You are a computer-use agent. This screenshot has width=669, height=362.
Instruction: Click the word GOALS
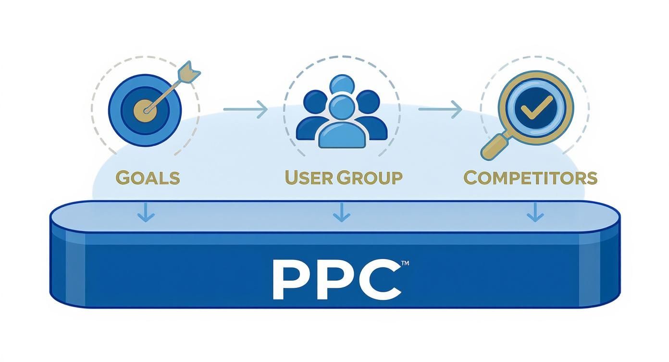[148, 178]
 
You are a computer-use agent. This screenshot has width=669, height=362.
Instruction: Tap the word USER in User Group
[309, 178]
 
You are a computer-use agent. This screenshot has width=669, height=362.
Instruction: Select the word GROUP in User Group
[370, 178]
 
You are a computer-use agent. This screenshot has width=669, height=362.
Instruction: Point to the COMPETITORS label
[531, 178]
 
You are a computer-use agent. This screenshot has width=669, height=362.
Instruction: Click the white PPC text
[337, 280]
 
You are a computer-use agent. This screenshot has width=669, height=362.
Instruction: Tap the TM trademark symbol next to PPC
[405, 263]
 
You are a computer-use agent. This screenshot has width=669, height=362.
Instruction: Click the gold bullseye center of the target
[145, 111]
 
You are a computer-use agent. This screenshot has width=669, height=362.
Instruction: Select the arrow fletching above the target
[189, 72]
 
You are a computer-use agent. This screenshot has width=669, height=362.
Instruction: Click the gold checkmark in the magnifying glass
[536, 108]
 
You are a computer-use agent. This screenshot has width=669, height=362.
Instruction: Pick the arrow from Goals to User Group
[245, 109]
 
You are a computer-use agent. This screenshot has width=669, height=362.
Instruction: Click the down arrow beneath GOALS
[146, 212]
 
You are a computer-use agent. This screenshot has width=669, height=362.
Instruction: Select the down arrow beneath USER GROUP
[342, 212]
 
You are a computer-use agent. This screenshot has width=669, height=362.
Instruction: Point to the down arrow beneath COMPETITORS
[535, 212]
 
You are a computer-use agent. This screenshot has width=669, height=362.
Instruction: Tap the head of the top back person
[342, 85]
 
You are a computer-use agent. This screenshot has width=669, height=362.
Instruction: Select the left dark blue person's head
[315, 102]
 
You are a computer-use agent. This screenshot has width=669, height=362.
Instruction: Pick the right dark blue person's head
[368, 102]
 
